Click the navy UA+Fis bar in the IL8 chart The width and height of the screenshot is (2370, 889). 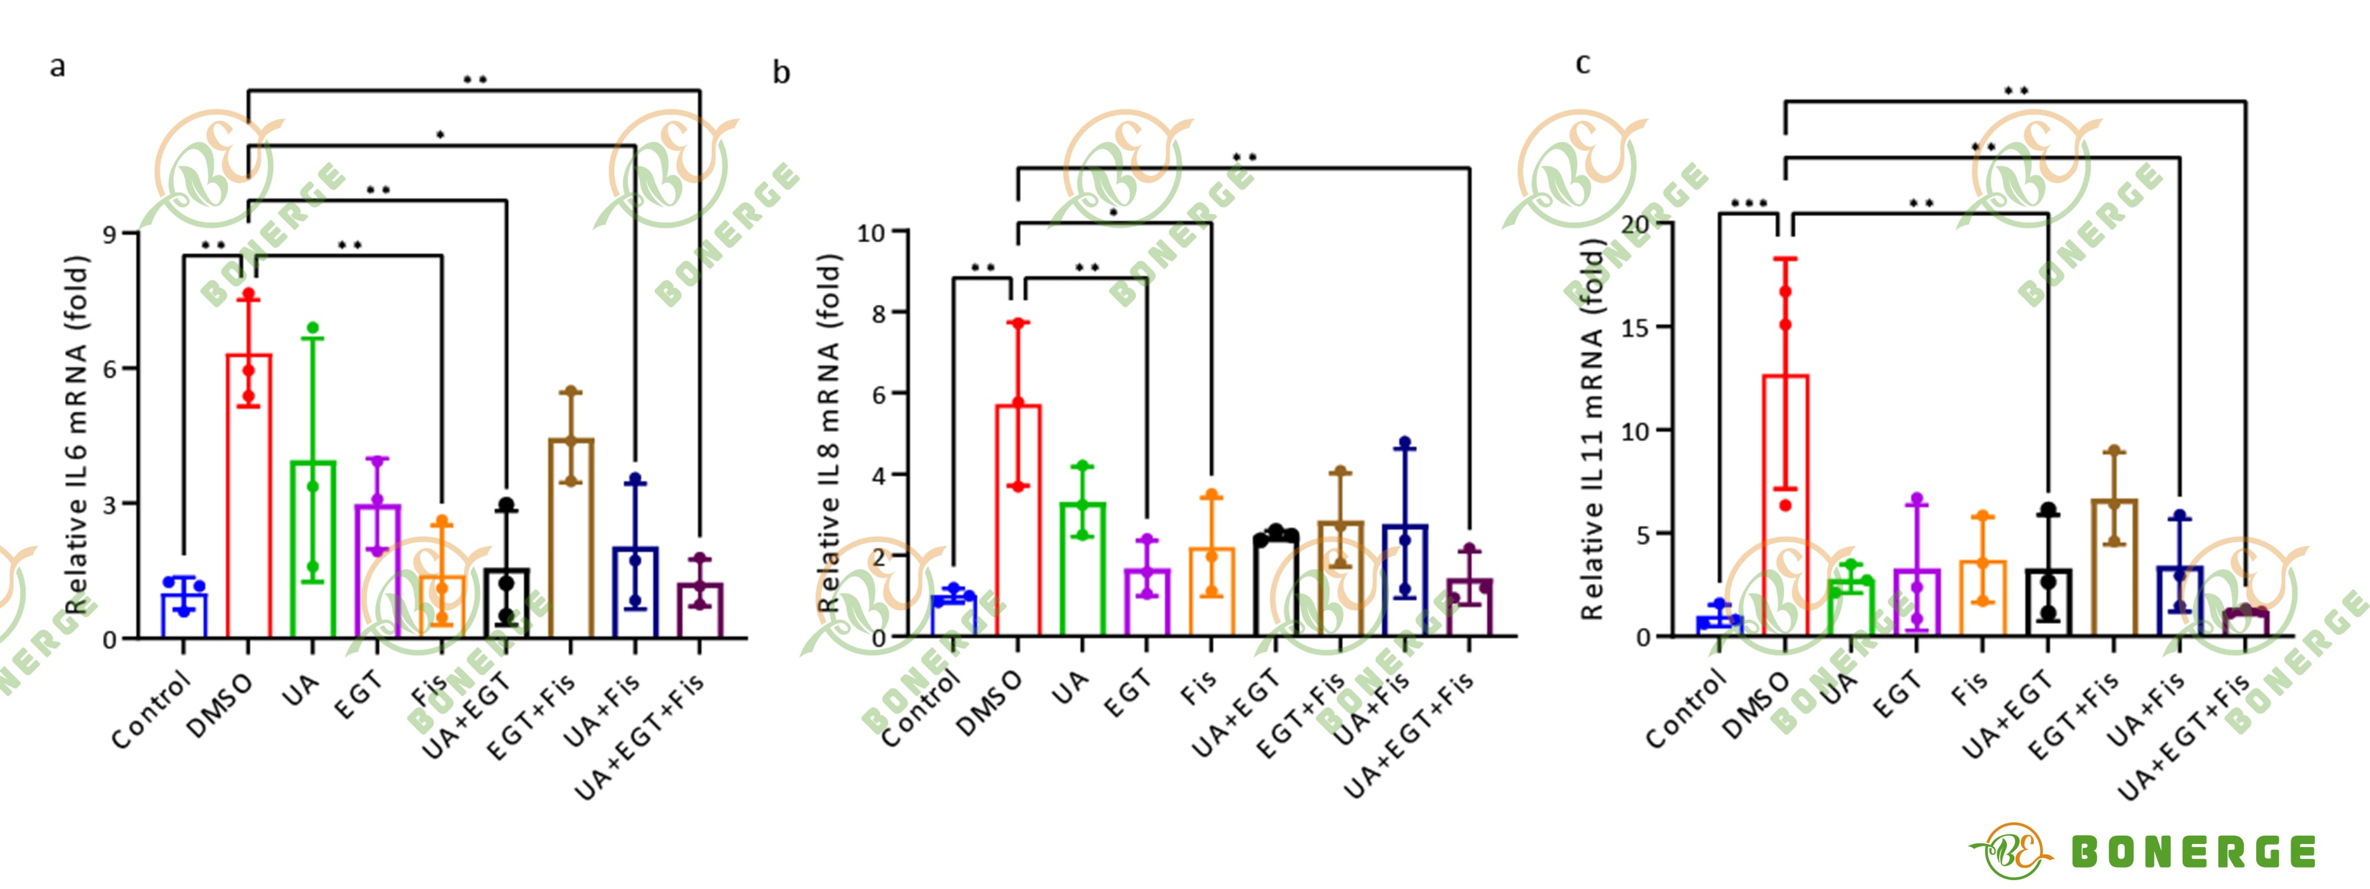point(1404,580)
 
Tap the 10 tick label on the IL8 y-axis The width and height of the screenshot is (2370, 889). point(870,234)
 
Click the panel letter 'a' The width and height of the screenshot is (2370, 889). point(57,66)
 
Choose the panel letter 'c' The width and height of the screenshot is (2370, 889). point(1583,63)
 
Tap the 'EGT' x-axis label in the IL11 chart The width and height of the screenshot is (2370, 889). point(1898,695)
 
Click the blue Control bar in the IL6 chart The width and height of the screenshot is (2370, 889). point(184,615)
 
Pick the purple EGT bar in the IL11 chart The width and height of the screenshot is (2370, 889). point(1916,602)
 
